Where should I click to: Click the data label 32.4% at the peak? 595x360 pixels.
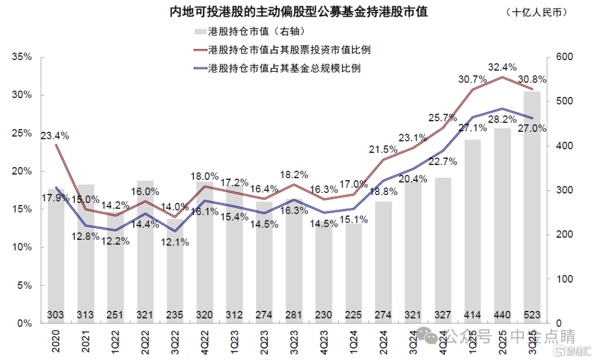coord(502,68)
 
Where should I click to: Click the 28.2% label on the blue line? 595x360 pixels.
coord(502,119)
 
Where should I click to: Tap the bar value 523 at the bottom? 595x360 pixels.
coord(532,315)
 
